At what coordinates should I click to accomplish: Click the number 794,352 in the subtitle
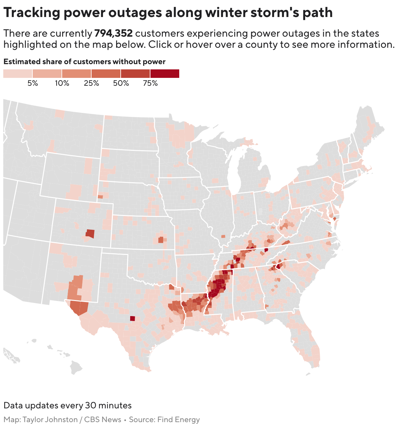[113, 33]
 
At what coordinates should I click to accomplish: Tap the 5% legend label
[32, 83]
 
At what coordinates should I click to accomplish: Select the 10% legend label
[62, 83]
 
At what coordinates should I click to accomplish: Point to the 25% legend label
[91, 83]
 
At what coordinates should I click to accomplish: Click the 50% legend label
[121, 83]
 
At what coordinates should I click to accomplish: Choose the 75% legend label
[150, 83]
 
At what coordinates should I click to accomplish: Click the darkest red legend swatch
[165, 74]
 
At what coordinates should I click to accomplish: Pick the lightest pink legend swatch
[18, 74]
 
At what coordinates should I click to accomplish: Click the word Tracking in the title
[32, 13]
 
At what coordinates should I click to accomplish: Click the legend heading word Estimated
[22, 62]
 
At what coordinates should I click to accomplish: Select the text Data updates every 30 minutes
[67, 406]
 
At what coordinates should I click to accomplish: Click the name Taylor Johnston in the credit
[50, 420]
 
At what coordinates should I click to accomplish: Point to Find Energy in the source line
[178, 420]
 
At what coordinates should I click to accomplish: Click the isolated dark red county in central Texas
[132, 318]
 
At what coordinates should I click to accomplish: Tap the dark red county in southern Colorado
[90, 234]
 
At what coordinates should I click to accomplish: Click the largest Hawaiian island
[76, 367]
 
